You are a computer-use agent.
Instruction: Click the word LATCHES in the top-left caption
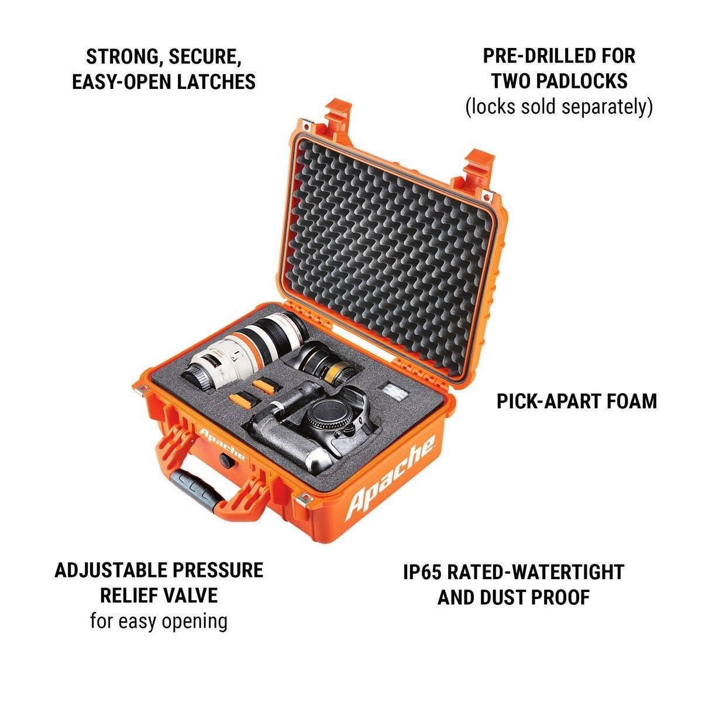[216, 81]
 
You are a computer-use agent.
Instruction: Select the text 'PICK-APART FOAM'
[577, 401]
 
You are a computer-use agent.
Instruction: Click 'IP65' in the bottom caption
[422, 572]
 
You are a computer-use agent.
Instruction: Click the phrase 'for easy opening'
[159, 621]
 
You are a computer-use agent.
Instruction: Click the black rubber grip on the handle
[197, 486]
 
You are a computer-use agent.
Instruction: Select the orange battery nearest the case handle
[243, 400]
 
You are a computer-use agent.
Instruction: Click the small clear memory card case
[393, 391]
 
